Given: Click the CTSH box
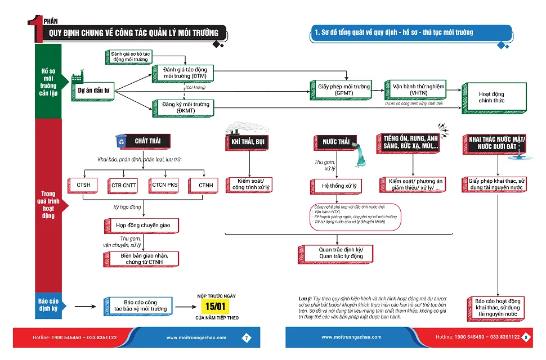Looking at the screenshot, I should point(84,185).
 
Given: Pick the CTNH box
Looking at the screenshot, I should point(205,185).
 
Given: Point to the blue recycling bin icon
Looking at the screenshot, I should point(121,140).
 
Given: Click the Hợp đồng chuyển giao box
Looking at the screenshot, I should point(142,226).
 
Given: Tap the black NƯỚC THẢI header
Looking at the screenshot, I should point(337,142).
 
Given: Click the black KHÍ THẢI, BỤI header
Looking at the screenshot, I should point(248,142).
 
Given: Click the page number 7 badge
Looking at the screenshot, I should point(246,337).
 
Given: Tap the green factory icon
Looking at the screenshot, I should point(77,78).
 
